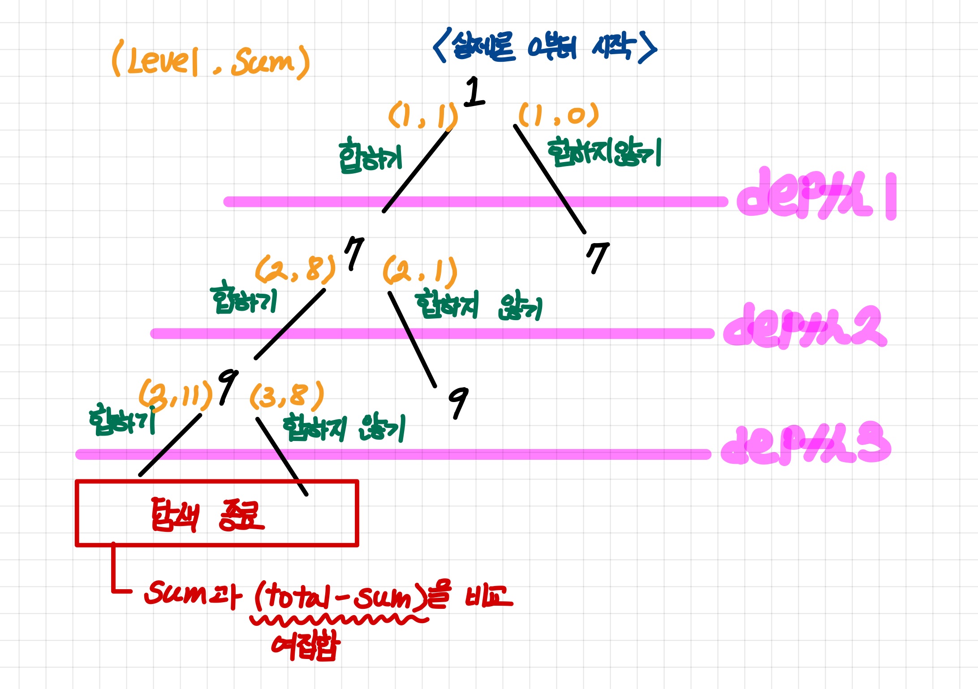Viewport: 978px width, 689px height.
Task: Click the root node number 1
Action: click(x=474, y=92)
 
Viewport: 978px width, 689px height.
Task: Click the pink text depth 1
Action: click(x=815, y=195)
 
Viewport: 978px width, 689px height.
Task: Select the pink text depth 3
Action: click(x=806, y=444)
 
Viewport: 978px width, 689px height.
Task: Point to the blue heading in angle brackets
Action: click(x=545, y=47)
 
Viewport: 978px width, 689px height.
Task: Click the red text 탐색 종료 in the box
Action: click(x=207, y=514)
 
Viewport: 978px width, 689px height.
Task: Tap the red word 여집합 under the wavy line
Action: click(x=306, y=646)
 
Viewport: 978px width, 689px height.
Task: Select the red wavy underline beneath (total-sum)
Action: click(x=339, y=620)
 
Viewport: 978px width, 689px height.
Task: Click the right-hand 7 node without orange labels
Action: click(x=598, y=257)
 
